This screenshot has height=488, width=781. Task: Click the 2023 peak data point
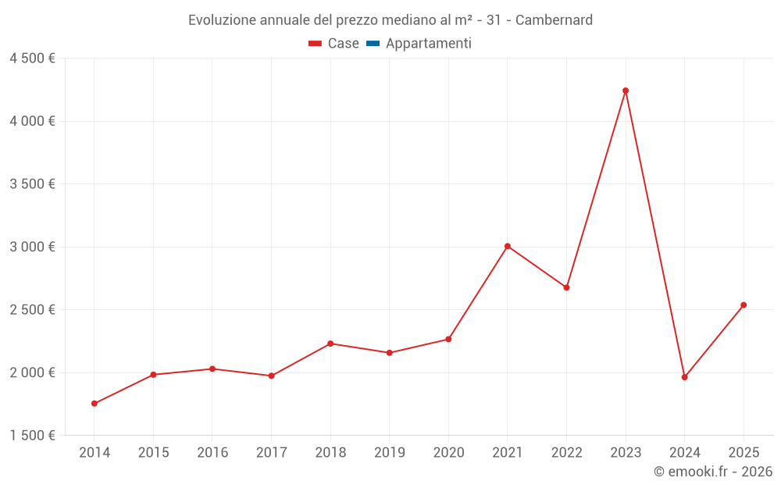click(626, 91)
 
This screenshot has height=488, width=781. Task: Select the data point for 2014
click(95, 404)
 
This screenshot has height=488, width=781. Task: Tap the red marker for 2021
click(508, 246)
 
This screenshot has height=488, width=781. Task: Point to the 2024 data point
click(685, 377)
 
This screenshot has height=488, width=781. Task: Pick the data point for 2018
click(330, 344)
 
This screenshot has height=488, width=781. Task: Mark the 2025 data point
click(744, 305)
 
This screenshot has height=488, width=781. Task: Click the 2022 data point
click(567, 287)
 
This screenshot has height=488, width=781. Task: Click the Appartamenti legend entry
click(428, 44)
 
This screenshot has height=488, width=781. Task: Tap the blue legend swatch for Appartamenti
click(373, 44)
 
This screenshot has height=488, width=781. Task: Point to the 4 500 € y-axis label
click(33, 59)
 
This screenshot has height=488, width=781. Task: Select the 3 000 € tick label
click(33, 247)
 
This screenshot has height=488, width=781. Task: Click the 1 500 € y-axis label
click(33, 435)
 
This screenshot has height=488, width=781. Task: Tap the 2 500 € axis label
click(33, 309)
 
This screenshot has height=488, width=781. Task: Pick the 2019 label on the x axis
click(390, 453)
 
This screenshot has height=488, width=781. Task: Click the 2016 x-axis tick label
click(212, 453)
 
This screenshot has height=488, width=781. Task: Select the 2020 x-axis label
click(448, 453)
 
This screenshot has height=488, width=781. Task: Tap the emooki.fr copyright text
click(713, 472)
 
